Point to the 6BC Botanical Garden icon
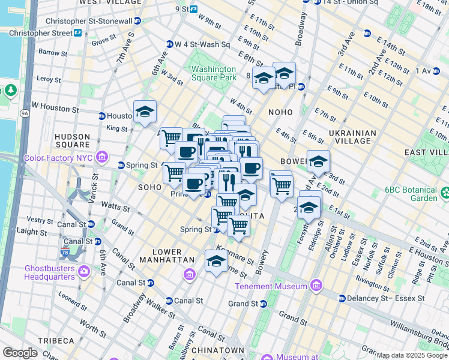(x=445, y=193)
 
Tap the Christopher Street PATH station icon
(x=78, y=32)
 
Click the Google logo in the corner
(x=20, y=353)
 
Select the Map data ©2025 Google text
(x=412, y=355)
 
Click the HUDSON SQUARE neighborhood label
(x=72, y=140)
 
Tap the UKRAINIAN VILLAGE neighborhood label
(x=352, y=137)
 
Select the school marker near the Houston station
(x=145, y=112)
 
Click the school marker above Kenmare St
(x=216, y=261)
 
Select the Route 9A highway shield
(x=25, y=112)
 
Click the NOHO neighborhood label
(x=281, y=112)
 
